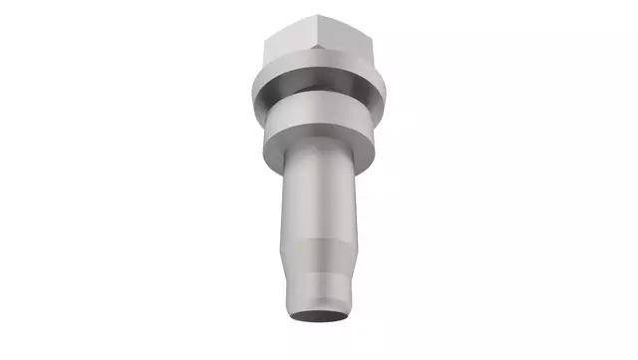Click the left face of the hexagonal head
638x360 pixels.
pos(291,47)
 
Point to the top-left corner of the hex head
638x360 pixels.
pos(266,38)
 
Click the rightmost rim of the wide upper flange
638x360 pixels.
pos(388,88)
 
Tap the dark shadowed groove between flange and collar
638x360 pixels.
pos(319,104)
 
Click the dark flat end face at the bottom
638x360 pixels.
pos(319,315)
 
